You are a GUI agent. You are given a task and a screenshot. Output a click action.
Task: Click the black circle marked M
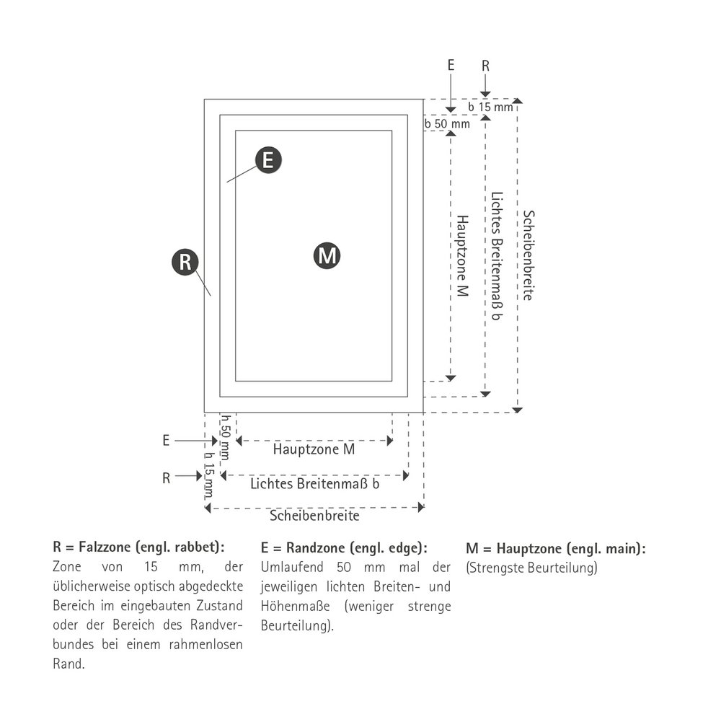[327, 255]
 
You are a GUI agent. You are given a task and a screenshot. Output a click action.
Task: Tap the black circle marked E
[268, 160]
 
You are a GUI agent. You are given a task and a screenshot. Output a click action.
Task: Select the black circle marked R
[185, 262]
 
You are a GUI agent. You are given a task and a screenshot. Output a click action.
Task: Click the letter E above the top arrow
[451, 65]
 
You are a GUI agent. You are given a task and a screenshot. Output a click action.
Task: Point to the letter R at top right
[485, 66]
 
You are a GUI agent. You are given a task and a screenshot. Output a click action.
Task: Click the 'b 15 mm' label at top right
[490, 107]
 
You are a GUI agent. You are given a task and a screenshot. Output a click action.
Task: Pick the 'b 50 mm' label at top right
[447, 124]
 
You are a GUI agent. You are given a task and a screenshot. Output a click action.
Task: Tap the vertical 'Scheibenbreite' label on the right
[528, 255]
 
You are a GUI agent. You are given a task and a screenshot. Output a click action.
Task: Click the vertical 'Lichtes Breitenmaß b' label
[497, 256]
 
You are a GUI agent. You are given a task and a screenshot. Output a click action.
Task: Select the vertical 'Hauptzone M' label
[462, 255]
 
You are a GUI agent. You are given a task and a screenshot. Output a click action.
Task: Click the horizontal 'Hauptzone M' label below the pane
[314, 449]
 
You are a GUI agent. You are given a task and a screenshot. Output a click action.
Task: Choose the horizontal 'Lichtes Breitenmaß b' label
[315, 483]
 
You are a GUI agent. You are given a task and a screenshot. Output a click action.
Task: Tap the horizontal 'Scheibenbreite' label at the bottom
[314, 515]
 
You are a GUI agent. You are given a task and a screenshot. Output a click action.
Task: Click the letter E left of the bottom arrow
[167, 441]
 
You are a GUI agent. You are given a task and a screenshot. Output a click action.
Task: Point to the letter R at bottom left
[167, 478]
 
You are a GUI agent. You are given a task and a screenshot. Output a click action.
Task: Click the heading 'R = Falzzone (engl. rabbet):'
[138, 547]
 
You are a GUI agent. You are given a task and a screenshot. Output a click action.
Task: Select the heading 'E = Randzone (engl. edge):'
[344, 547]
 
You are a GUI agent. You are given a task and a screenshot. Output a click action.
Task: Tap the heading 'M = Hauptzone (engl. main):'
[556, 548]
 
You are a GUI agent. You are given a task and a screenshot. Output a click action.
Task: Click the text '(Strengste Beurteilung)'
[532, 568]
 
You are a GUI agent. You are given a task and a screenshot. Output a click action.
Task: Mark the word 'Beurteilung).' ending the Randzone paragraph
[298, 625]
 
